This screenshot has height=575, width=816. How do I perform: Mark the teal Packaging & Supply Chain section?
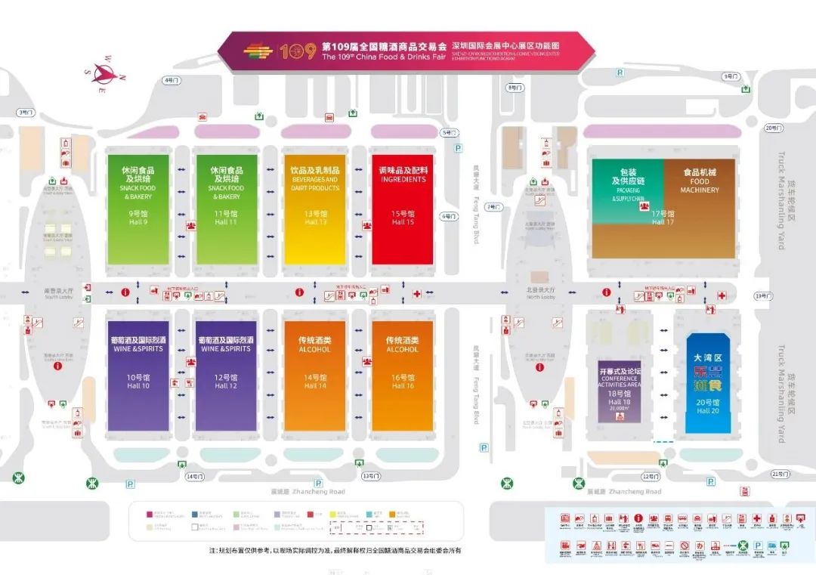point(627,185)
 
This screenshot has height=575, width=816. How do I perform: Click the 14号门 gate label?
point(195,476)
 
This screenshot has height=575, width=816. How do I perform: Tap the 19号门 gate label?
point(762,296)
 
